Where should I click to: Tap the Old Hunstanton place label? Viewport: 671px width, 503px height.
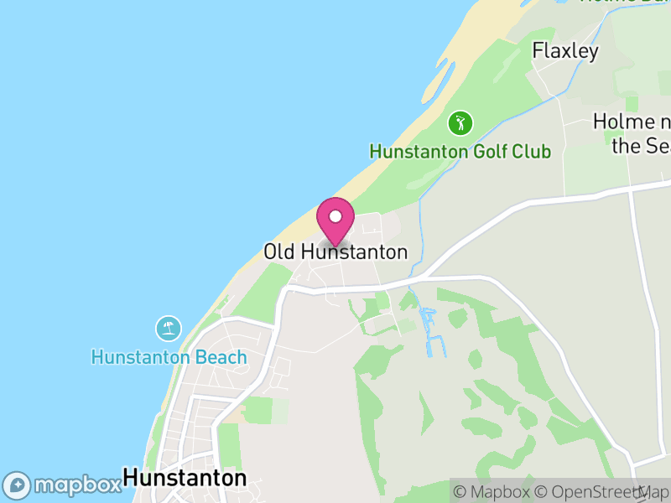coord(335,251)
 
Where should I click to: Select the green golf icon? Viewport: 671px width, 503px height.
coord(460,124)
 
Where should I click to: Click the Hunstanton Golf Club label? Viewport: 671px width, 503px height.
coord(460,152)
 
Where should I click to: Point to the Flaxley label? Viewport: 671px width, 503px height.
coord(566,51)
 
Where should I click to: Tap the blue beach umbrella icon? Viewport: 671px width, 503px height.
coord(169,328)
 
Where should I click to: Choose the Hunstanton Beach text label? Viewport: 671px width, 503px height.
coord(169,357)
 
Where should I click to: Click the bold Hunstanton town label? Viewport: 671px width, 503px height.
coord(185,478)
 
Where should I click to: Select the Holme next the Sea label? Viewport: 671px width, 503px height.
coord(633,133)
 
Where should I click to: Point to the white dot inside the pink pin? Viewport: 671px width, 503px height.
coord(335,215)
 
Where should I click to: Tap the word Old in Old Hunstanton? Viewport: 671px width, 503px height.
coord(279,251)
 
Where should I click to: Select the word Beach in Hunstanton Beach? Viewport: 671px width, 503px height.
coord(223,357)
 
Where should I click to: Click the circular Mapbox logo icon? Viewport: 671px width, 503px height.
coord(18,485)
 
